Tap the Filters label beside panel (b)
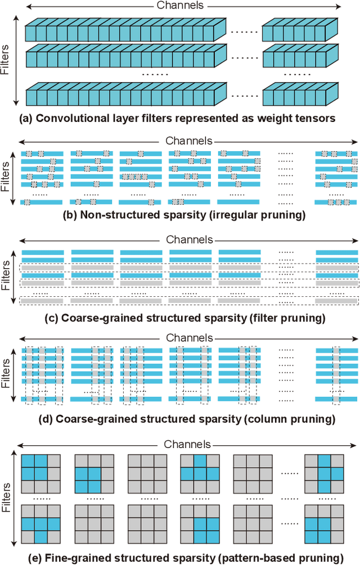(6, 177)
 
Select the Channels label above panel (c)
(189, 239)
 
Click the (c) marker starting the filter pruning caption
(51, 318)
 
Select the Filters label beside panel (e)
(6, 500)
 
